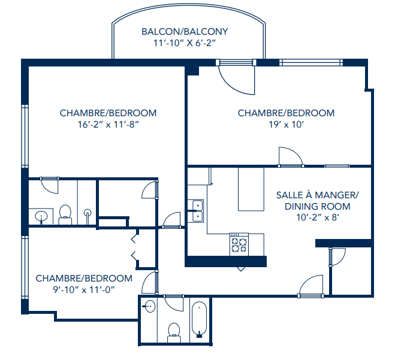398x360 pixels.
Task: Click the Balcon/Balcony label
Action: point(184,32)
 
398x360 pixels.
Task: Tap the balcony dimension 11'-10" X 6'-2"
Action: point(184,44)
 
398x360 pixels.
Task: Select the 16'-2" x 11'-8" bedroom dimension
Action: point(108,125)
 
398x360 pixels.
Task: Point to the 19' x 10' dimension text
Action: point(286,125)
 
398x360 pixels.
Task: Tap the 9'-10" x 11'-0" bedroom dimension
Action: point(83,290)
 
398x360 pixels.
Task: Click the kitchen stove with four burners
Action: point(239,244)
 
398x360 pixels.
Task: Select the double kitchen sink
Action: point(195,211)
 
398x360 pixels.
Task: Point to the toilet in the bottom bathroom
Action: point(174,331)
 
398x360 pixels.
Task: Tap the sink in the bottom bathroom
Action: point(150,307)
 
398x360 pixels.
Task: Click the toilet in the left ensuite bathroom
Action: point(65,213)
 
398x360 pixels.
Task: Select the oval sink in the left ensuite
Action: point(41,216)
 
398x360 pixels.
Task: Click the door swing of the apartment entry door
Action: point(312,284)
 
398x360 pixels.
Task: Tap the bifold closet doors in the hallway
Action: point(135,249)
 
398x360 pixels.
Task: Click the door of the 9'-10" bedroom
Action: point(150,282)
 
